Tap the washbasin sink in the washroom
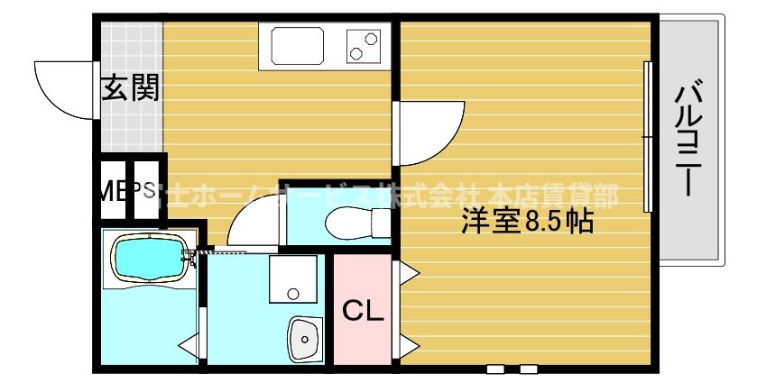pyautogui.click(x=305, y=340)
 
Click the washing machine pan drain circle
pyautogui.click(x=291, y=292)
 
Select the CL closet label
pyautogui.click(x=363, y=311)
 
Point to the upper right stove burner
pyautogui.click(x=371, y=38)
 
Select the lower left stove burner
pyautogui.click(x=356, y=53)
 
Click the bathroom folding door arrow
pyautogui.click(x=189, y=343)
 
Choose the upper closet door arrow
pyautogui.click(x=406, y=269)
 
